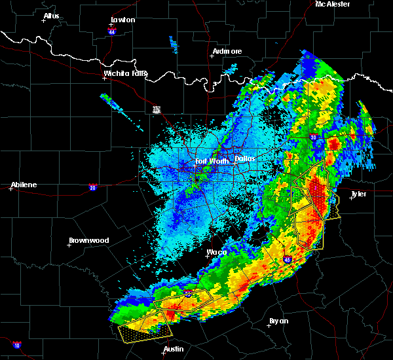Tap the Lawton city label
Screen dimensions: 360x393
(123, 20)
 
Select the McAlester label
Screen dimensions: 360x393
(332, 4)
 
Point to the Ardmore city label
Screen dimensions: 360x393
(227, 51)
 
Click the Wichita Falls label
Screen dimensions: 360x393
(125, 73)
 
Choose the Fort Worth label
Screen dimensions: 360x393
(211, 161)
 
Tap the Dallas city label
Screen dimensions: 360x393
(245, 158)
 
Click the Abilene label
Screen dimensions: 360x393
(24, 185)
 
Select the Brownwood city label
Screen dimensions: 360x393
(89, 240)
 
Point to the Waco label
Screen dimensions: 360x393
(217, 252)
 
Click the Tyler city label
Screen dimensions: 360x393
(360, 194)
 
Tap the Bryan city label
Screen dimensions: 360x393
(280, 321)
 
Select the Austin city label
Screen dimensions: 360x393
(174, 349)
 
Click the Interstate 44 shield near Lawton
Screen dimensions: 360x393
(113, 31)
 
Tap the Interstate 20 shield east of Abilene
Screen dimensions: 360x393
(93, 187)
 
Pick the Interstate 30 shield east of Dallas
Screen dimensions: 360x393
(313, 137)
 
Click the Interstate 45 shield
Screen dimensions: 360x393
(288, 260)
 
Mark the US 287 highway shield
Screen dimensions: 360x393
(157, 109)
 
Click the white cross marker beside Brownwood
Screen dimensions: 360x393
(69, 245)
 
